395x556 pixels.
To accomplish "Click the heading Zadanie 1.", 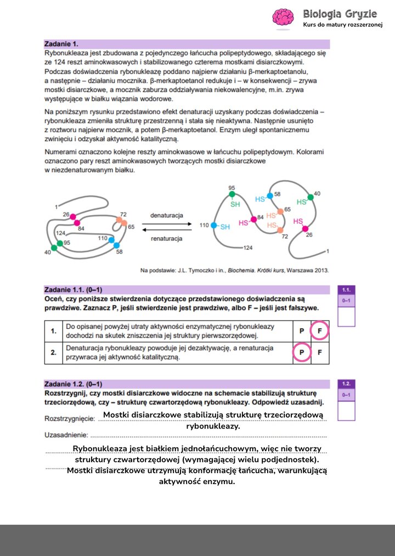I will point(61,43).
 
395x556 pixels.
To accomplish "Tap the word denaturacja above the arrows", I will point(167,215).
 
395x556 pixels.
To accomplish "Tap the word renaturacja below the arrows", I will point(166,239).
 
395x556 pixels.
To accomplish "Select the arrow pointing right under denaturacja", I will point(167,224).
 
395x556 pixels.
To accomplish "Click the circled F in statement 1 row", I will point(320,331).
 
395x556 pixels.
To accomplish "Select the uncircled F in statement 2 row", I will point(320,352).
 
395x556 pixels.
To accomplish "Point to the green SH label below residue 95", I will point(235,204).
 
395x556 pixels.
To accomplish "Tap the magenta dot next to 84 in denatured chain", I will point(253,219).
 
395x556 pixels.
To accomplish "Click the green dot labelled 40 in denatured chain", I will point(311,196).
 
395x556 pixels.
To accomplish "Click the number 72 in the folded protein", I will point(123,214).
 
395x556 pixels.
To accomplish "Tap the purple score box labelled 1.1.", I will point(346,290).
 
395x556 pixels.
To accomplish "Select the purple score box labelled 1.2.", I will point(346,384).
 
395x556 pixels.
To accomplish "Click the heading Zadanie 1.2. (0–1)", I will point(74,384).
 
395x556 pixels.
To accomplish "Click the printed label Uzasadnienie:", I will point(66,435).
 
